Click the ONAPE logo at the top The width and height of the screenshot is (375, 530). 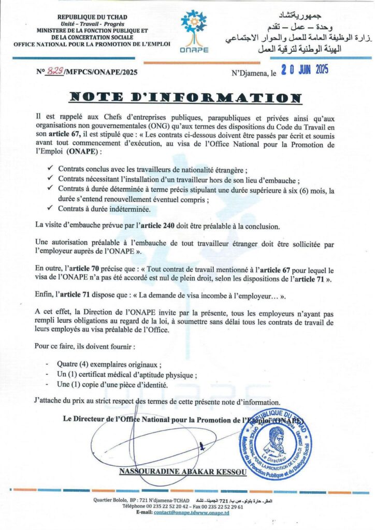click(194, 30)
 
